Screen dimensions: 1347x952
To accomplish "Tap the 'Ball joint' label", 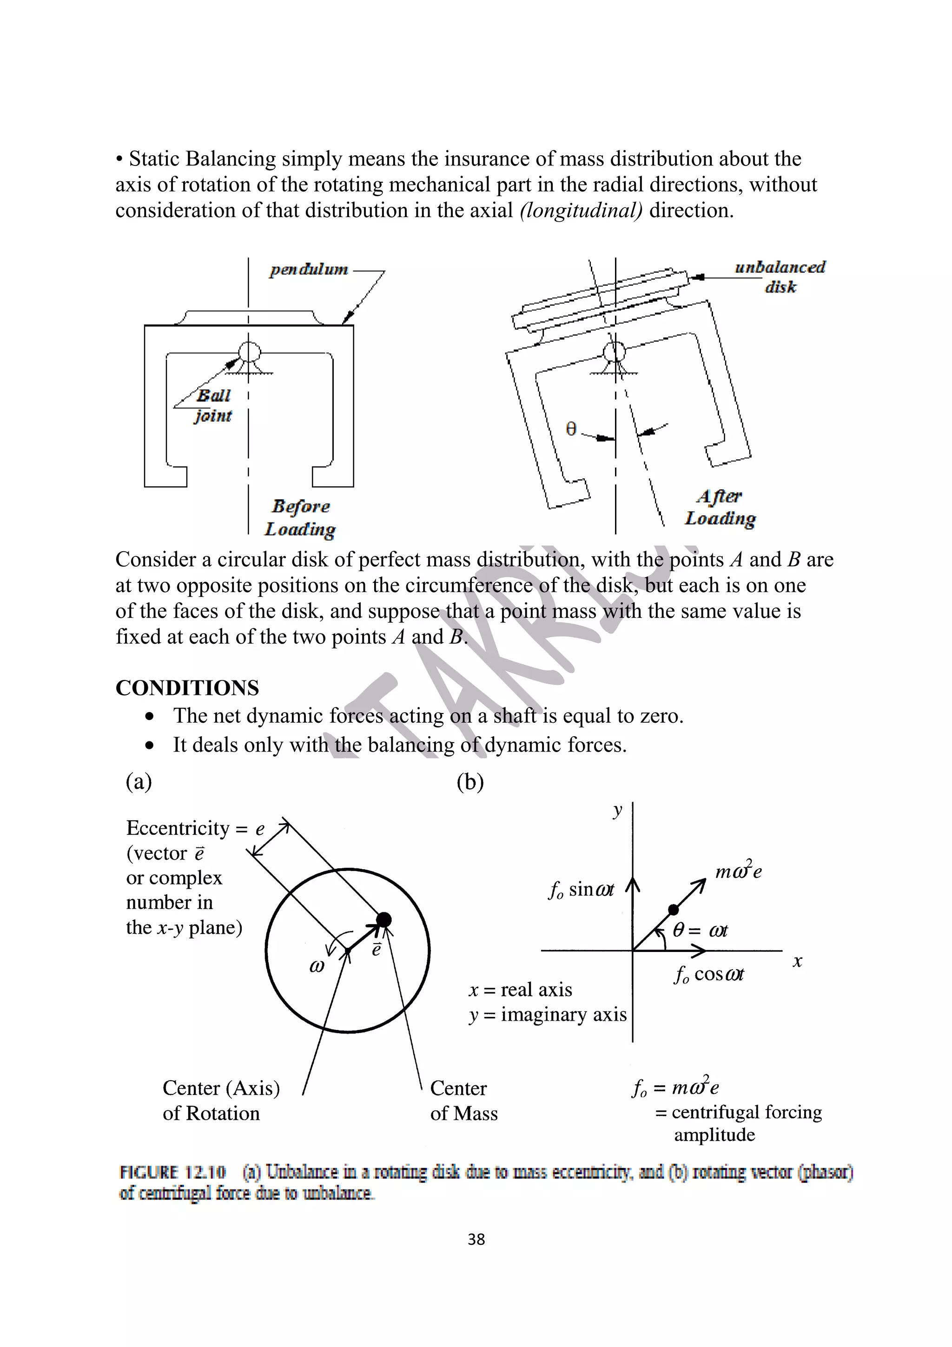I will pyautogui.click(x=213, y=405).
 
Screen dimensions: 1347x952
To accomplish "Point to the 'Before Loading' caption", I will pyautogui.click(x=300, y=517).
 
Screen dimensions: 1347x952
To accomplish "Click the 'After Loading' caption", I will pyautogui.click(x=721, y=508).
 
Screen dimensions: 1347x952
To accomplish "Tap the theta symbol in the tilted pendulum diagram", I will pyautogui.click(x=571, y=429).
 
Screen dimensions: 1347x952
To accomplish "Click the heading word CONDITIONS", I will pyautogui.click(x=187, y=687).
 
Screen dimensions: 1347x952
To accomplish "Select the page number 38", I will pyautogui.click(x=476, y=1239).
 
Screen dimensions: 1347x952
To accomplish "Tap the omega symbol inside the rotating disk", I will pyautogui.click(x=316, y=966).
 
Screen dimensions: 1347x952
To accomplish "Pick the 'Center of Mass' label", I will pyautogui.click(x=463, y=1101).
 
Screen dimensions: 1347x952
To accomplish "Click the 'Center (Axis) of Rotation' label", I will pyautogui.click(x=221, y=1101).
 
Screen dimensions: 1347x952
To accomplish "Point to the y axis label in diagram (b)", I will pyautogui.click(x=617, y=812).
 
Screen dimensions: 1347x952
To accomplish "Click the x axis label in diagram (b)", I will pyautogui.click(x=797, y=961).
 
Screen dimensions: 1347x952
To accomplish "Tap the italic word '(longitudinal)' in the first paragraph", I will pyautogui.click(x=581, y=210).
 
